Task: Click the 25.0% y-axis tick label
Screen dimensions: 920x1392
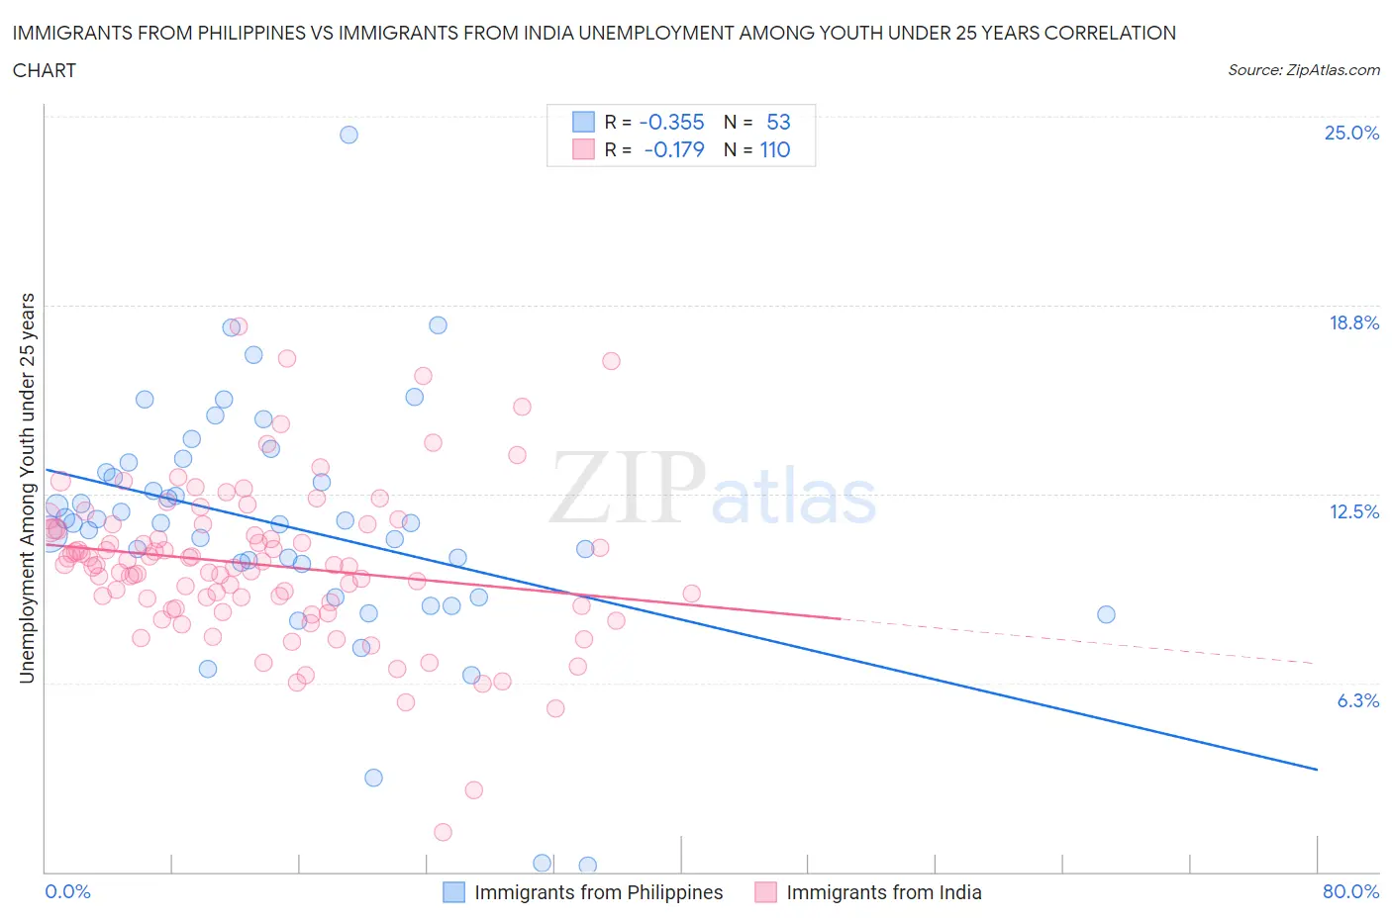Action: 1351,133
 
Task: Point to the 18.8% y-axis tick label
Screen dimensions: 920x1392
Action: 1353,322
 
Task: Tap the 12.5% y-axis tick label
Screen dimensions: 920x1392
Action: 1353,511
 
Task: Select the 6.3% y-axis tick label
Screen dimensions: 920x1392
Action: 1357,700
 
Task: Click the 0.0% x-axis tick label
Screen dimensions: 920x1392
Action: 68,891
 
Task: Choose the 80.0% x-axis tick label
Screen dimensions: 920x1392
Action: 1350,891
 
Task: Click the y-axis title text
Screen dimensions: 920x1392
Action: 28,488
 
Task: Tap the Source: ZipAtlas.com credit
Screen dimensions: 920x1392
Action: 1303,69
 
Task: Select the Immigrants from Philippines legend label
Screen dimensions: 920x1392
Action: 598,892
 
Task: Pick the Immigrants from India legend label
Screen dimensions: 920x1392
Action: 883,892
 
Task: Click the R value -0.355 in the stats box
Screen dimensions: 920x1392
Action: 671,122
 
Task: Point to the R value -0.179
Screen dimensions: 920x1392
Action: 673,149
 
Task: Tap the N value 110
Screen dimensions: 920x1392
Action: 774,149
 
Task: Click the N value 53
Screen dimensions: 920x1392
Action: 778,122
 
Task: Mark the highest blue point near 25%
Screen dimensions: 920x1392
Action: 348,135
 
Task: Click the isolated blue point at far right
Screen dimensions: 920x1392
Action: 1106,614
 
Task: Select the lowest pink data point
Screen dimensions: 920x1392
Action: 443,832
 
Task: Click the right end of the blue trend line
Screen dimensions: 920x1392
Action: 1317,769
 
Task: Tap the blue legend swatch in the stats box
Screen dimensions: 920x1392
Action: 583,122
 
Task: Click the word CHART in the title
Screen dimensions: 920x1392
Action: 45,70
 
